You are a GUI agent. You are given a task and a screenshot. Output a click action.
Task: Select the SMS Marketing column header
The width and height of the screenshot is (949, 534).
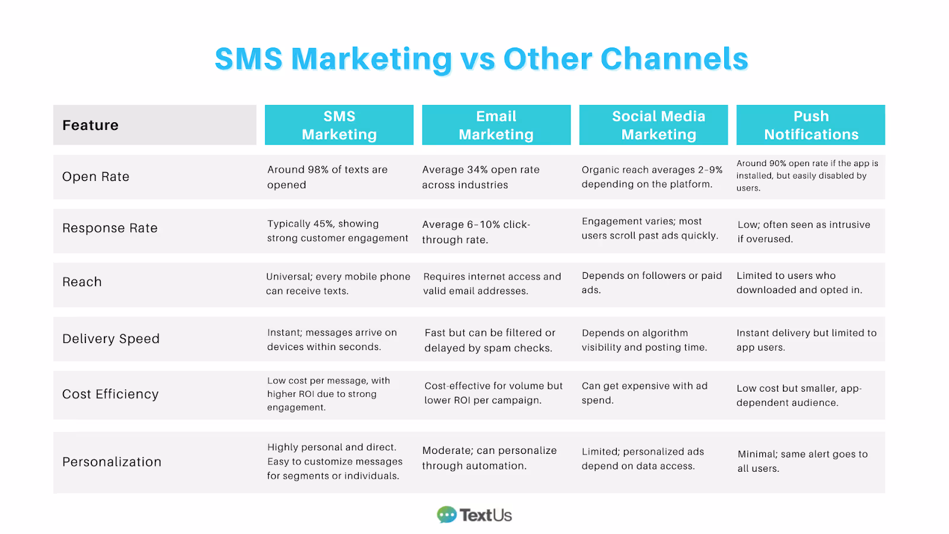[x=339, y=125]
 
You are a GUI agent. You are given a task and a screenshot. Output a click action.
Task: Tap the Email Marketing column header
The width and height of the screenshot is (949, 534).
[x=496, y=125]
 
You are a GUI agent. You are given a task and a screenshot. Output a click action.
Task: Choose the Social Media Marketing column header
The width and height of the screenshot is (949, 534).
[x=653, y=125]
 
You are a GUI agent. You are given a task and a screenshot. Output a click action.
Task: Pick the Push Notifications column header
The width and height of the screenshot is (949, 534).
[x=811, y=125]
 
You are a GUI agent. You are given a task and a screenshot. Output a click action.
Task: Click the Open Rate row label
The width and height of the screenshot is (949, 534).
[x=95, y=177]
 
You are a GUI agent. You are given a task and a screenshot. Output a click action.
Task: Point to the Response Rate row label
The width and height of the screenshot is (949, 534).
[x=110, y=228]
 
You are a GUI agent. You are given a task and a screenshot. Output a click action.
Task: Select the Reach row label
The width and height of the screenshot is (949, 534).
[x=82, y=282]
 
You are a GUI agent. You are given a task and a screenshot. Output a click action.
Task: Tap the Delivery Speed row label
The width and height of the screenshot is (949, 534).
[x=111, y=339]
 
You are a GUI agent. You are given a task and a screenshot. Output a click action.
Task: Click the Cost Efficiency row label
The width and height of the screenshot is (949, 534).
[x=110, y=395]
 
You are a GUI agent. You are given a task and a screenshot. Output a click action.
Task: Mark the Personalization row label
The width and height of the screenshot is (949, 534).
[x=112, y=462]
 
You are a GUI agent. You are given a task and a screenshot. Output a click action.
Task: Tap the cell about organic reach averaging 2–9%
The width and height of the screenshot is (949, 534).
[x=652, y=177]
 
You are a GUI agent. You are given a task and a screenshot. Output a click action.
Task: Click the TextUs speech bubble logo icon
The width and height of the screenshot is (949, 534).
[x=447, y=514]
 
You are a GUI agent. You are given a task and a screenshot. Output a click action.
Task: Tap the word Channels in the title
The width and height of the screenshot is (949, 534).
[x=674, y=59]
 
